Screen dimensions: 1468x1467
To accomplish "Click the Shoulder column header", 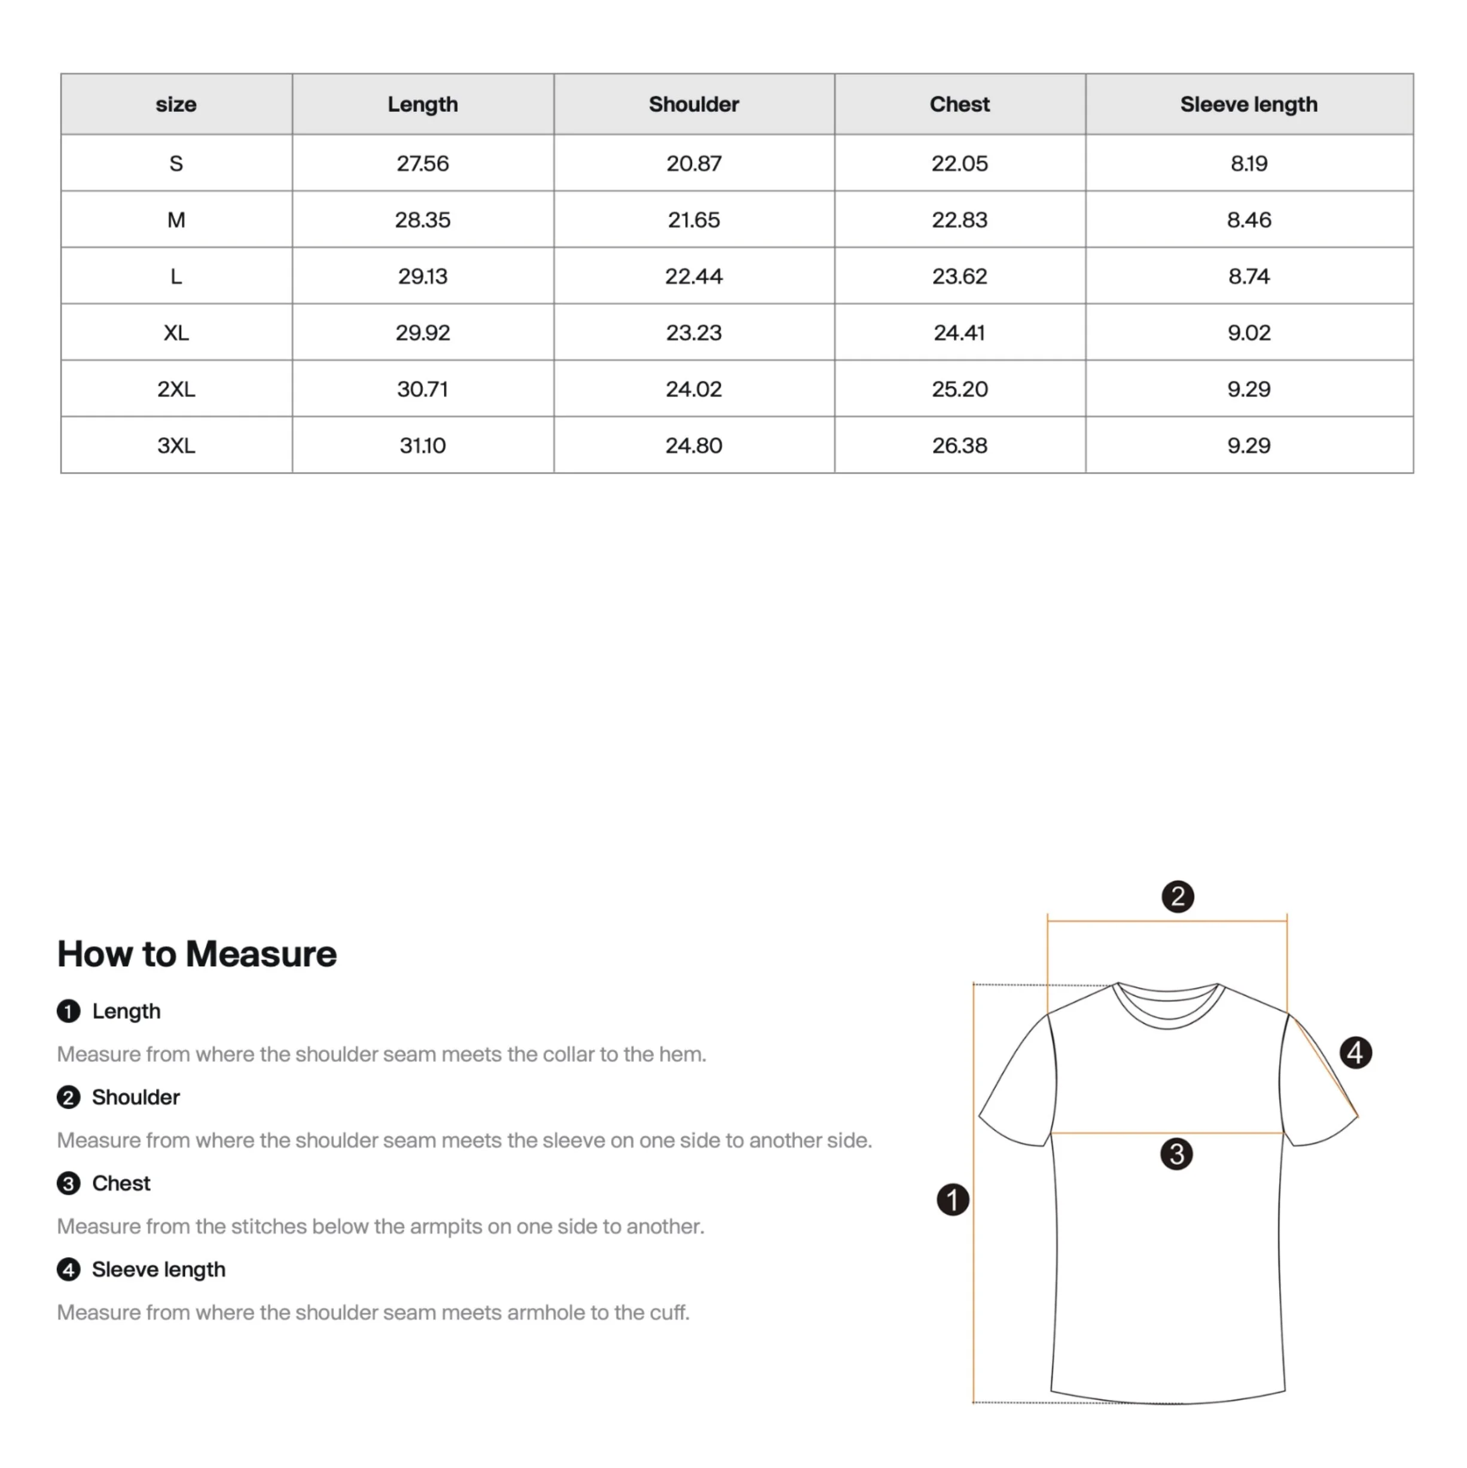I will tap(693, 104).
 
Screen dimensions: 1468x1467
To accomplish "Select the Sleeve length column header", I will tap(1248, 104).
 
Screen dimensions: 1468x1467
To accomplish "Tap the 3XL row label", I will tap(176, 445).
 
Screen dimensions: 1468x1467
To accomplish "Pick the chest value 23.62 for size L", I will tap(959, 276).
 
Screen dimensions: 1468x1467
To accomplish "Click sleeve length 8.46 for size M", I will tap(1248, 219).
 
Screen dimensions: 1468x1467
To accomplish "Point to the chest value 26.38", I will tap(959, 445).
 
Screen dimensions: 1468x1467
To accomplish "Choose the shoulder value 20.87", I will tap(693, 163).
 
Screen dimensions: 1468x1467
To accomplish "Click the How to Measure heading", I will tap(197, 954).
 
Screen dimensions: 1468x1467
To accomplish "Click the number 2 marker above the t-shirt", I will tap(1178, 896).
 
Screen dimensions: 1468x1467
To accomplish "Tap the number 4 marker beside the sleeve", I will tap(1355, 1053).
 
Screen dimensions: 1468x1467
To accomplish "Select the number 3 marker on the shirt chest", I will tap(1176, 1154).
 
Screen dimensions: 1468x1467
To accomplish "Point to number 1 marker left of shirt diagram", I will tap(953, 1200).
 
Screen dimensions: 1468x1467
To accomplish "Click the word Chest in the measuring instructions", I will tap(121, 1183).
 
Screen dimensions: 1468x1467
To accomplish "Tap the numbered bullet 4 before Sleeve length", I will tap(68, 1269).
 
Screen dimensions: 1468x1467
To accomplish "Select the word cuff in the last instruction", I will tap(667, 1313).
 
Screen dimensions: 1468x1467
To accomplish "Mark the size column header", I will tap(176, 104).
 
